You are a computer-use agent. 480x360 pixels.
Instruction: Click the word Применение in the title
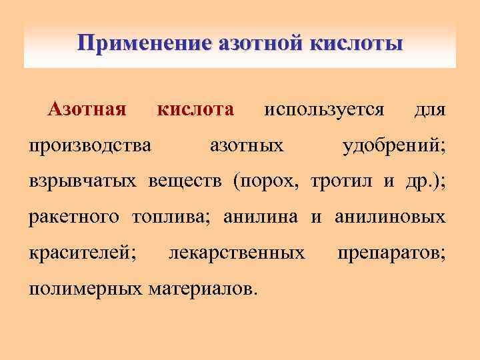tap(139, 44)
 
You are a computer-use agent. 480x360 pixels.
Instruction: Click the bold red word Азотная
tap(87, 109)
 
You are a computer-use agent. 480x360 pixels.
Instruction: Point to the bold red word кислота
tap(195, 109)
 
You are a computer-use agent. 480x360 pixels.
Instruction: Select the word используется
tap(324, 109)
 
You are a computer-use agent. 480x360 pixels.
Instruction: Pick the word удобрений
tap(394, 145)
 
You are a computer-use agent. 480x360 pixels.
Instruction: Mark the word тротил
tap(345, 181)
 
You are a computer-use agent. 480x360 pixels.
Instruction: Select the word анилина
tap(263, 217)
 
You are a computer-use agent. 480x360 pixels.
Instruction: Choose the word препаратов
tap(392, 253)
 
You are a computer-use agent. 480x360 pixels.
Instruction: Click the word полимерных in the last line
tap(85, 289)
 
